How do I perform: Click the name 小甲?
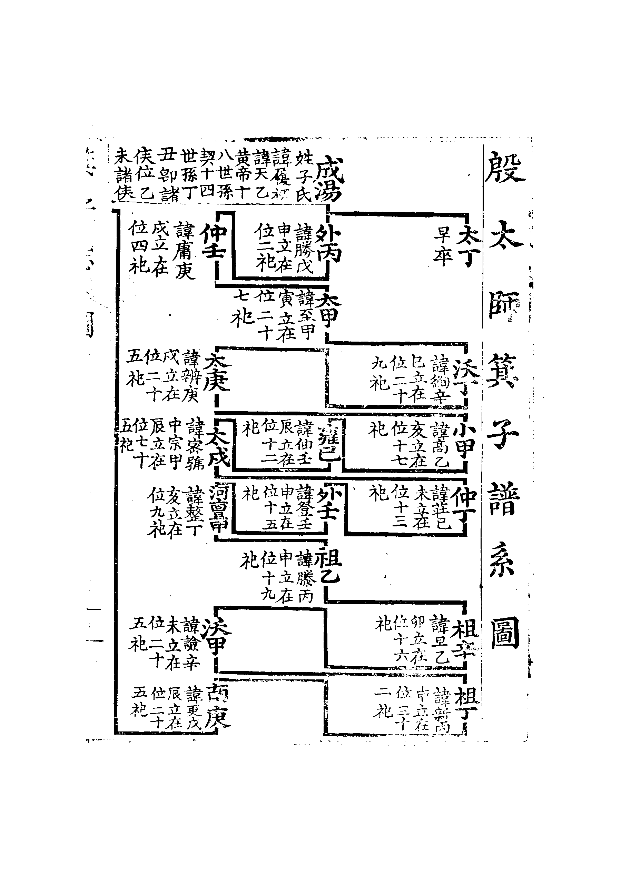(464, 443)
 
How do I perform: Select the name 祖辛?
(465, 639)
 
